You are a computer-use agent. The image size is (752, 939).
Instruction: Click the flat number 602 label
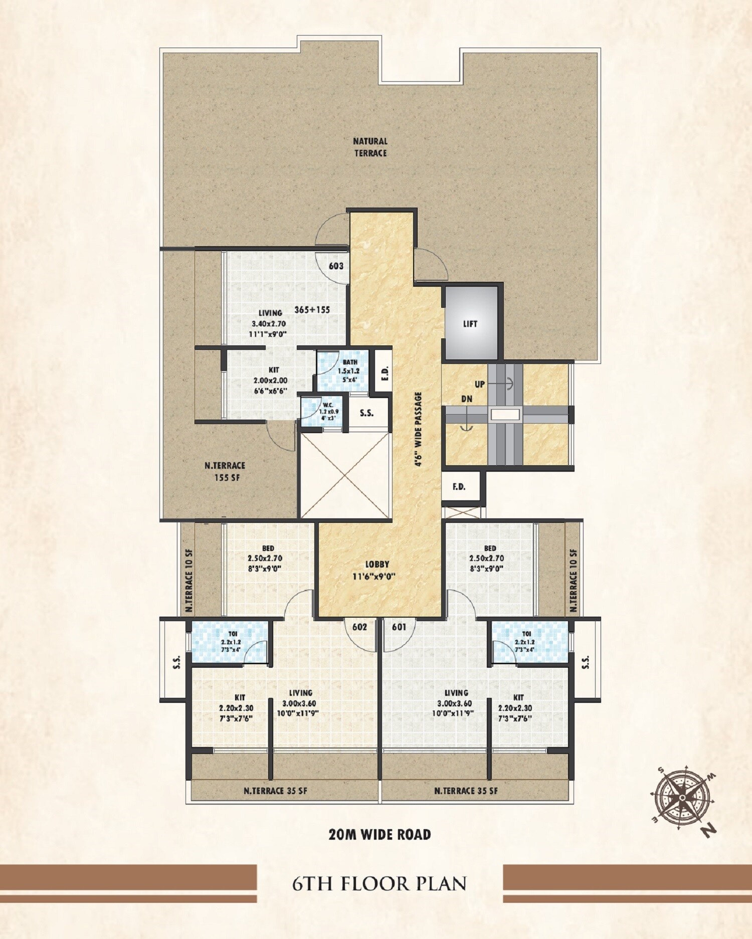pyautogui.click(x=359, y=627)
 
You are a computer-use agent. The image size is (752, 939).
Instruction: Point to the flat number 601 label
pyautogui.click(x=399, y=627)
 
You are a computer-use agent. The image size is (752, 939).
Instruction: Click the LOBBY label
pyautogui.click(x=377, y=565)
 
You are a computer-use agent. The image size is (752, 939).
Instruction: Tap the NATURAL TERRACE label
pyautogui.click(x=370, y=147)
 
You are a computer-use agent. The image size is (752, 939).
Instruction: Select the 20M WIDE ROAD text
pyautogui.click(x=380, y=834)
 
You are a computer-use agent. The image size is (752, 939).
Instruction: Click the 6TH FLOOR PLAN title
pyautogui.click(x=380, y=883)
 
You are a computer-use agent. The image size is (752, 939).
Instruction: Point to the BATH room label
pyautogui.click(x=350, y=362)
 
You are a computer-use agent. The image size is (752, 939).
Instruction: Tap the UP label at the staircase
pyautogui.click(x=480, y=385)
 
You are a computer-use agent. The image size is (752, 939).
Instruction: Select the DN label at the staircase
pyautogui.click(x=467, y=400)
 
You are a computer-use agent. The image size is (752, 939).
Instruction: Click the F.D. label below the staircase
pyautogui.click(x=459, y=486)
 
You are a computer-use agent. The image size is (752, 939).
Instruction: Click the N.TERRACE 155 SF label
pyautogui.click(x=225, y=471)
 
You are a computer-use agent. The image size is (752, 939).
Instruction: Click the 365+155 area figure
pyautogui.click(x=312, y=310)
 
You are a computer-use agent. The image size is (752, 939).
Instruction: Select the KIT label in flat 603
pyautogui.click(x=273, y=369)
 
